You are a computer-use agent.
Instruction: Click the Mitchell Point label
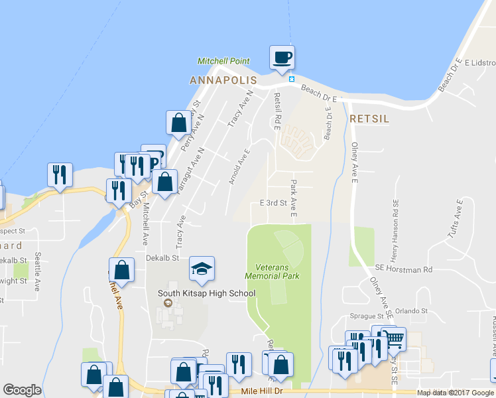223,61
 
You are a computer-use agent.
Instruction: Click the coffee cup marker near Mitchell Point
282,57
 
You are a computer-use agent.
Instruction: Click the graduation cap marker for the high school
202,268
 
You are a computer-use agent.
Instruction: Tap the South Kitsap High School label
206,293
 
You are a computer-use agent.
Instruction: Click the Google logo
22,390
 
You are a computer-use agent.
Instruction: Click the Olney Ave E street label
355,163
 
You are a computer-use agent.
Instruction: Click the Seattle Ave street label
38,269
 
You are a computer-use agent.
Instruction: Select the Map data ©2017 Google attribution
456,393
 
